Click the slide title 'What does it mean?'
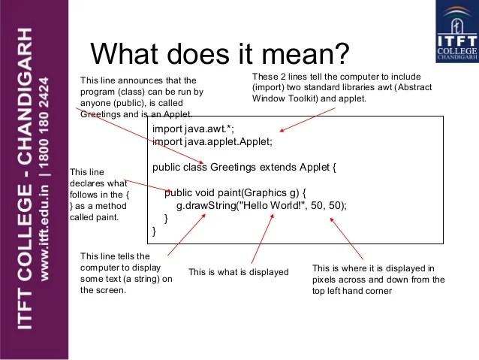coord(219,53)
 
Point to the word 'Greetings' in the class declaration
coord(233,167)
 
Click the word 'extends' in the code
coord(275,167)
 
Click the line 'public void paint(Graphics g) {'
coord(236,192)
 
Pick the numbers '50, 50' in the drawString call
coord(327,205)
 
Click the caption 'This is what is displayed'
coord(238,272)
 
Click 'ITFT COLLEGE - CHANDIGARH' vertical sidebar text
coord(23,180)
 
